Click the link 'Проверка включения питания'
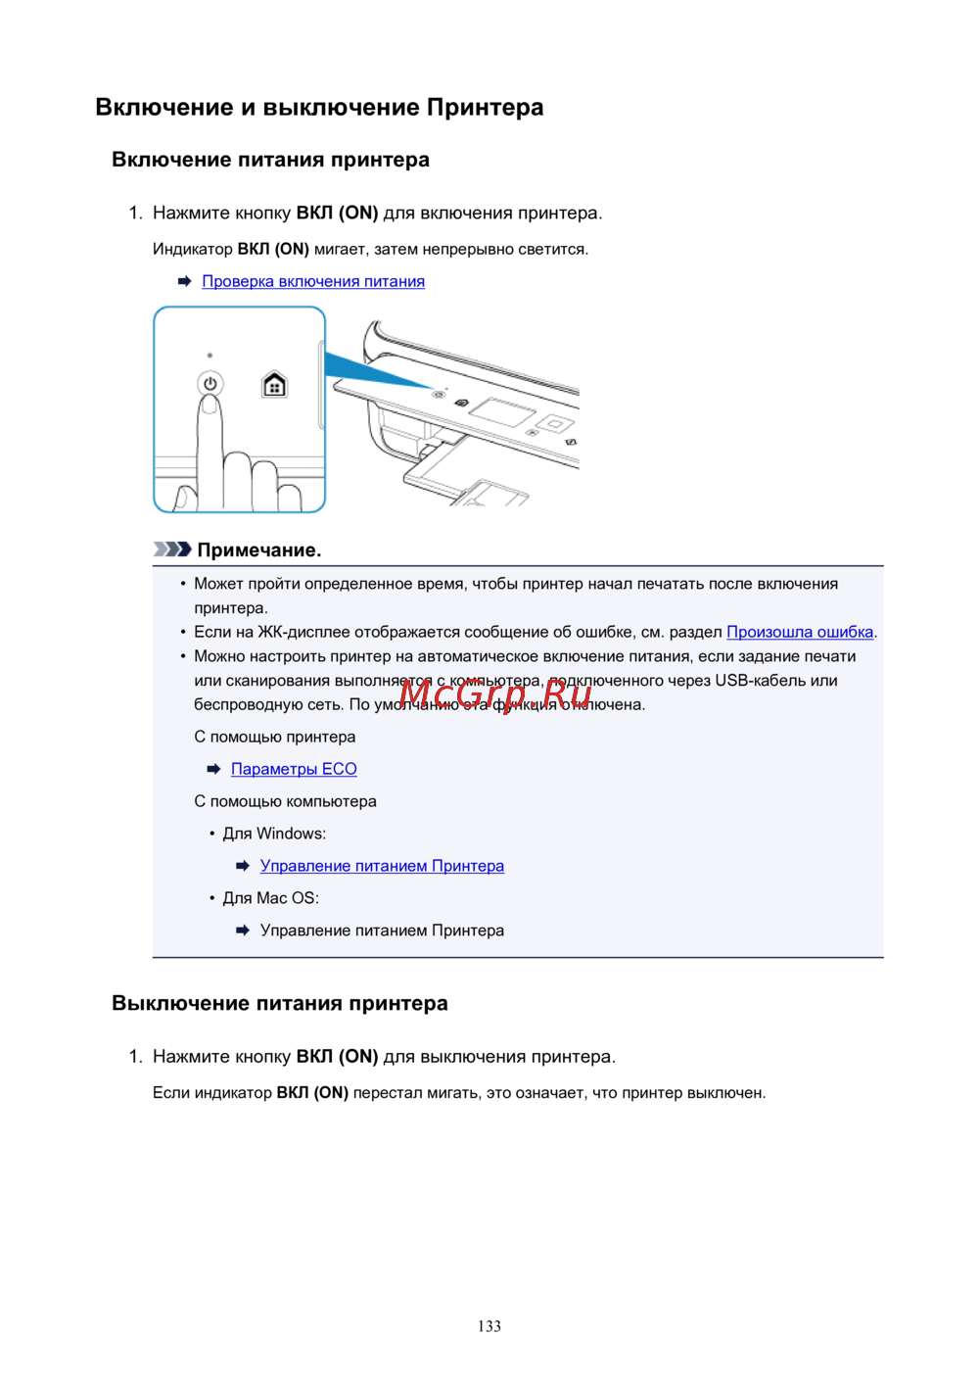click(x=313, y=282)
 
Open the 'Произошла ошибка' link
click(x=800, y=632)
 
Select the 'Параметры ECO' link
click(x=294, y=769)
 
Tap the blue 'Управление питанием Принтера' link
click(x=382, y=866)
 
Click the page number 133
click(x=489, y=1326)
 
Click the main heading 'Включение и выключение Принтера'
click(x=319, y=108)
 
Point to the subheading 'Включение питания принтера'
click(x=270, y=160)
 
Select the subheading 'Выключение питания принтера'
click(x=280, y=1003)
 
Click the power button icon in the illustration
click(x=210, y=383)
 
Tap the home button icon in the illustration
click(x=275, y=384)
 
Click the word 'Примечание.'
click(x=259, y=550)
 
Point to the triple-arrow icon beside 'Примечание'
click(x=172, y=549)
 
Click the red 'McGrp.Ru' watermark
click(x=495, y=694)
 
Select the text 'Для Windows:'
click(x=274, y=834)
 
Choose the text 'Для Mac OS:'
click(x=270, y=898)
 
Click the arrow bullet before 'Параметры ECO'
click(x=214, y=770)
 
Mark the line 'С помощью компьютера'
click(x=285, y=801)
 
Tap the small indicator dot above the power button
click(x=210, y=356)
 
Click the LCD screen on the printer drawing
click(x=501, y=412)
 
